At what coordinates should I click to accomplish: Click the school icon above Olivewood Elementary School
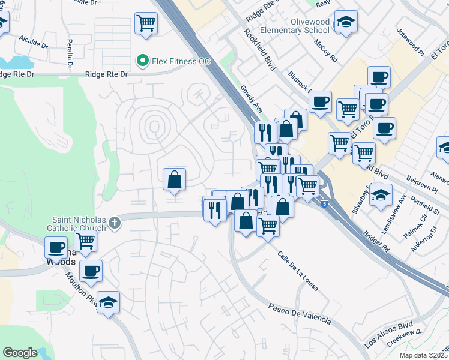[345, 23]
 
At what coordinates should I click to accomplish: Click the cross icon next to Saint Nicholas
[115, 224]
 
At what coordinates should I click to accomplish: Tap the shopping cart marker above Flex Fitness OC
[146, 24]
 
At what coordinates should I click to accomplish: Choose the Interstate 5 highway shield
[325, 204]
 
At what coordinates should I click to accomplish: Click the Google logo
[20, 353]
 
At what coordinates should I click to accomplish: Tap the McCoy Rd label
[325, 50]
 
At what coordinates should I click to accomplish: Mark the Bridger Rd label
[376, 239]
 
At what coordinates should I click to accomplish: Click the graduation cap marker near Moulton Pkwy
[108, 304]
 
